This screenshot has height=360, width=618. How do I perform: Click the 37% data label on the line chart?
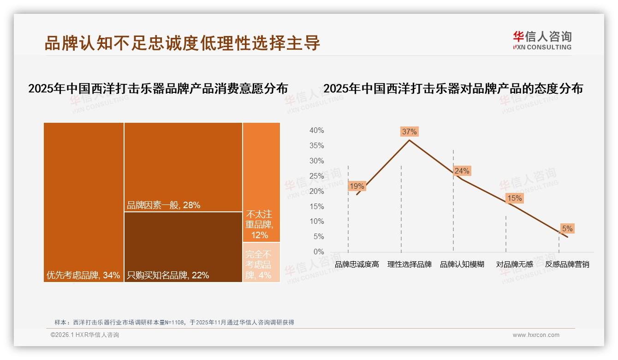click(409, 132)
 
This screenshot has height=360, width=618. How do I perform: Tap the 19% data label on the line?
click(357, 186)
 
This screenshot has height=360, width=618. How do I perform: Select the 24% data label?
click(462, 171)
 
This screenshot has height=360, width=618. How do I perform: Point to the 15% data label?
click(514, 198)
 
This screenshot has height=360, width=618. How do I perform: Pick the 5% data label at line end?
click(567, 228)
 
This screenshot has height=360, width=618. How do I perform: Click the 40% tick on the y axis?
click(316, 131)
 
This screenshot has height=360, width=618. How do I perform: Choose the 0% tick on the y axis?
click(318, 252)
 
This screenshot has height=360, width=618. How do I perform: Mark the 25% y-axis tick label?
click(316, 176)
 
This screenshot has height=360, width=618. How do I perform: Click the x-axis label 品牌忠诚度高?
click(357, 264)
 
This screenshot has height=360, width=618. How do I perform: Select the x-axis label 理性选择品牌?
click(409, 264)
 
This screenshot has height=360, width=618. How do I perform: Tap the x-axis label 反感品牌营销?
click(567, 264)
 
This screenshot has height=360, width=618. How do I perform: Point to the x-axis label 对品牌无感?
click(514, 264)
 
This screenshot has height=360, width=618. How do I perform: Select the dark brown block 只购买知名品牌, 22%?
click(183, 247)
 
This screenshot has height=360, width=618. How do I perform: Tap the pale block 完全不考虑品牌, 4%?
click(261, 262)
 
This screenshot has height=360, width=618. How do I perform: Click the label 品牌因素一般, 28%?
click(164, 205)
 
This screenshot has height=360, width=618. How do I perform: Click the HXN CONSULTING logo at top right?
click(542, 40)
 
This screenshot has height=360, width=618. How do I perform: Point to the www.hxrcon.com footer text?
click(535, 335)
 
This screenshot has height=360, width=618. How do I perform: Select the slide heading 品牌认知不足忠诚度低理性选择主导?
click(182, 43)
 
